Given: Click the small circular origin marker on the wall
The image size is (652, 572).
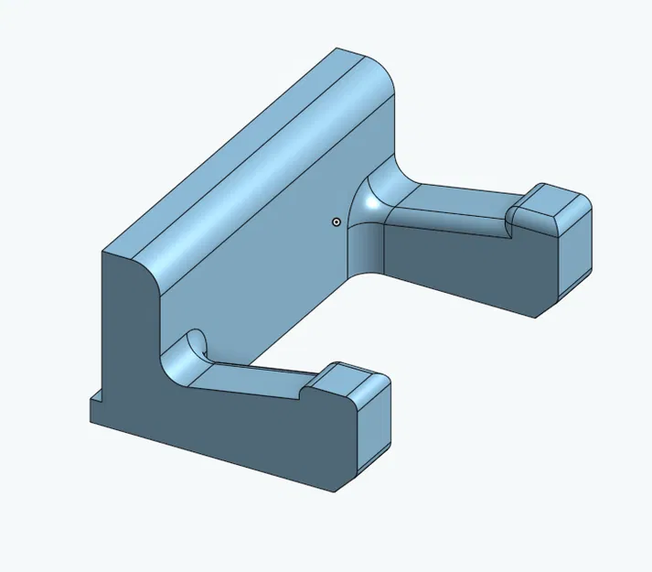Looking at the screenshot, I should [x=337, y=221].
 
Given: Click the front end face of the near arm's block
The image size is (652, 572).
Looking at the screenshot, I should [x=372, y=421].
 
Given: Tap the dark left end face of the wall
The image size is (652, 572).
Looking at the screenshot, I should [x=128, y=348].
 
